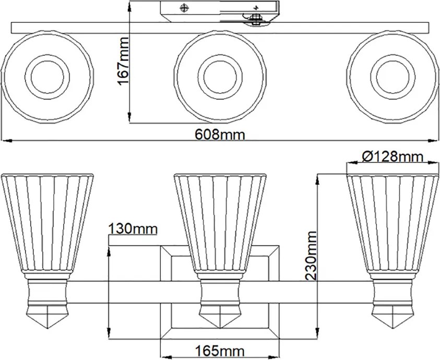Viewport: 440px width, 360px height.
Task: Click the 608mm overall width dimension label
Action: tap(220, 135)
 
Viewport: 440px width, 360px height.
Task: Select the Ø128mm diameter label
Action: tap(393, 157)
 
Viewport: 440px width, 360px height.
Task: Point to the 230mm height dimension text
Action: tap(311, 256)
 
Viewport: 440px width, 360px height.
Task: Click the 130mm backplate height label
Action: tap(133, 229)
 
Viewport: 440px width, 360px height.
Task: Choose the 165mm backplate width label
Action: tap(220, 351)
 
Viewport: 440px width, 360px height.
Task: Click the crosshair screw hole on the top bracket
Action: tap(184, 8)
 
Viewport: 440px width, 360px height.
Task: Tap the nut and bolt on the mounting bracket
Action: tap(255, 19)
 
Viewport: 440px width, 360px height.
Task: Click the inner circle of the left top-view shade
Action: tap(47, 76)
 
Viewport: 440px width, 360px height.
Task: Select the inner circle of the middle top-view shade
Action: tap(220, 76)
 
